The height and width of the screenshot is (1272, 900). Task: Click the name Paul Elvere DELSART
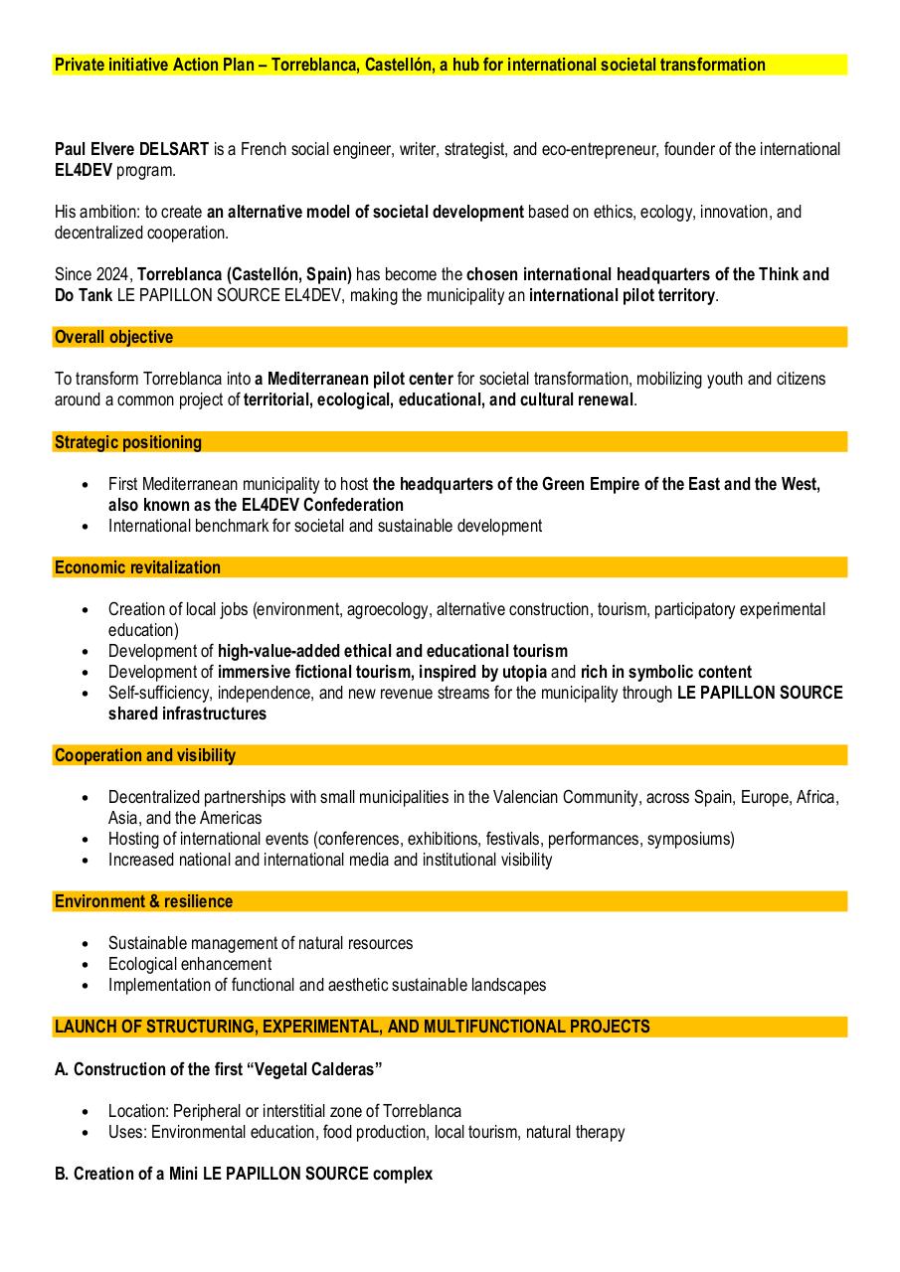coord(131,149)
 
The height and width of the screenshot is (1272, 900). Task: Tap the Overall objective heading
coord(113,338)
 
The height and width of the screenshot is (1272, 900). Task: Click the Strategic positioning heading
coord(127,442)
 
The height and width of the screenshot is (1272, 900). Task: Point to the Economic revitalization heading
coord(137,567)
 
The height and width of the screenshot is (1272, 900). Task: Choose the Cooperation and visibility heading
coord(145,755)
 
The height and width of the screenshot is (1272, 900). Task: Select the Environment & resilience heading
coord(143,901)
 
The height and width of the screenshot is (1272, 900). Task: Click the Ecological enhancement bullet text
coord(189,964)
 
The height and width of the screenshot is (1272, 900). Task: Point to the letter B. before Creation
coord(61,1174)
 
